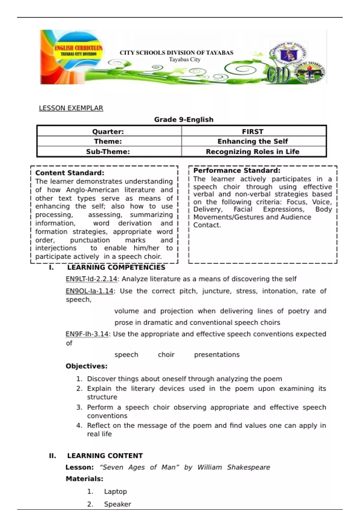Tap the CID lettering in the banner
click(x=279, y=75)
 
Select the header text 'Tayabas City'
click(x=184, y=59)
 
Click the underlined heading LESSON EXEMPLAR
click(x=71, y=108)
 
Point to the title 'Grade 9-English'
click(x=184, y=119)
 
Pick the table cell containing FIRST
click(x=253, y=131)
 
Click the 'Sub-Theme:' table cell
click(x=108, y=151)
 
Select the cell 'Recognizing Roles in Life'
click(x=253, y=151)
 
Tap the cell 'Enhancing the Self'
click(x=253, y=141)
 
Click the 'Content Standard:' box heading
click(x=70, y=173)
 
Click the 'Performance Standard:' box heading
click(x=237, y=170)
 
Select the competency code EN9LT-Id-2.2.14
click(x=91, y=279)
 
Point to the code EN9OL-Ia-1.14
click(x=89, y=291)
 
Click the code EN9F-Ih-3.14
click(x=87, y=334)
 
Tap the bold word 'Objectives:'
click(x=86, y=366)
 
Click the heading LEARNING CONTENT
click(x=105, y=456)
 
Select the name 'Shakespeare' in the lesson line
click(x=248, y=467)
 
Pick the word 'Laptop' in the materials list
click(x=115, y=491)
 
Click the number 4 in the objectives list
click(x=79, y=425)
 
